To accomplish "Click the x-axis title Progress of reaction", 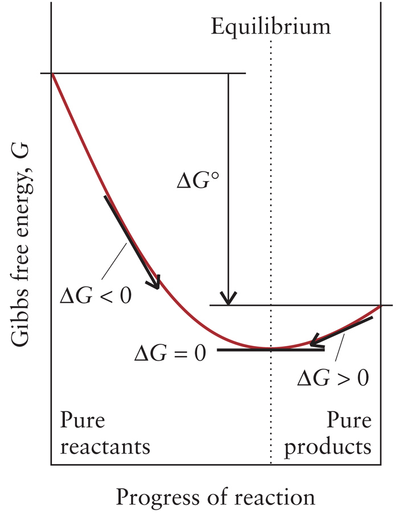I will (215, 496).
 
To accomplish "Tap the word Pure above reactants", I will (81, 422).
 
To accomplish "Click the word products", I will (328, 446).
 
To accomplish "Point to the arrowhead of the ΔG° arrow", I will (228, 299).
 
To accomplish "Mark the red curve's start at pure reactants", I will (52, 75).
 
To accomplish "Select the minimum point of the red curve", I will (271, 348).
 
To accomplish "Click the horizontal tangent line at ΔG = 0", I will (239, 349).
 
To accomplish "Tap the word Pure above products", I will (349, 422).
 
